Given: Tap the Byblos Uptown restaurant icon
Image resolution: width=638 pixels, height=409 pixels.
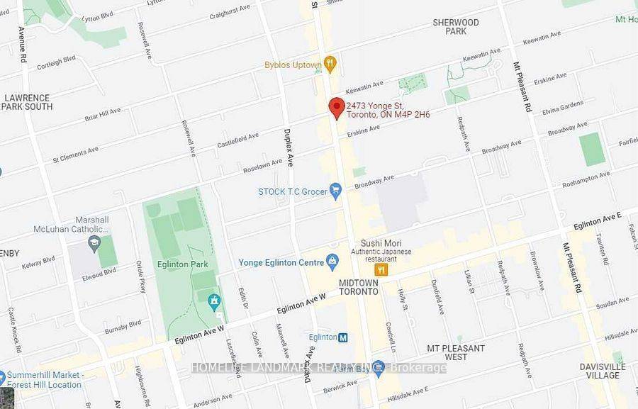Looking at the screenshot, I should (330, 64).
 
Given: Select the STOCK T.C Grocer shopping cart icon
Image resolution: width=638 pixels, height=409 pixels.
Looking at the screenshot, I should (336, 189).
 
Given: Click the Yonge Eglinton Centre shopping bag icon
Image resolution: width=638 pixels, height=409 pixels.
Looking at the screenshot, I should (332, 262).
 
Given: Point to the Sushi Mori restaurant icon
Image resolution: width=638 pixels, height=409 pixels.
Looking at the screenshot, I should (381, 269).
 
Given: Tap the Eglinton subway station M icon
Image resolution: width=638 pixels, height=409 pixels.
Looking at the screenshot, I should (343, 337).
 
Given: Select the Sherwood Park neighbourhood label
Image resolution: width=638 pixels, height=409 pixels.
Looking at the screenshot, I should (456, 27).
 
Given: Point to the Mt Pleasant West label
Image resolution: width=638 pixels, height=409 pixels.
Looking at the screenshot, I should (456, 353).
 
